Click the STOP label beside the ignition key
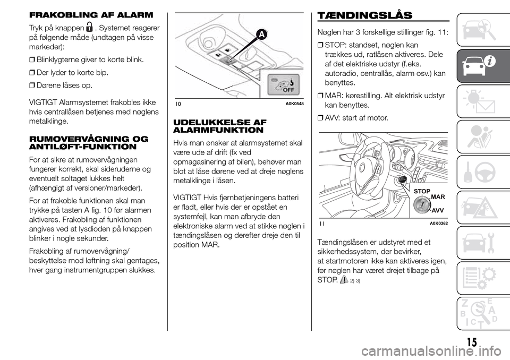click(421, 190)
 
